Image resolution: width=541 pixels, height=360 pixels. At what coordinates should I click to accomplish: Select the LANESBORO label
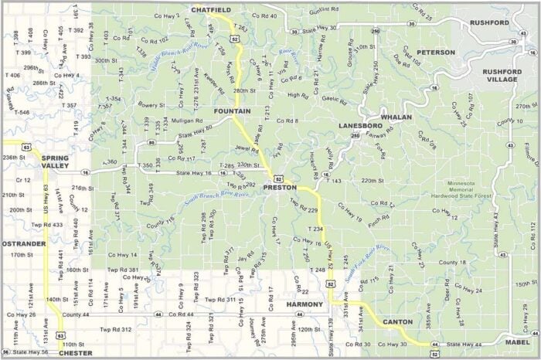coord(360,124)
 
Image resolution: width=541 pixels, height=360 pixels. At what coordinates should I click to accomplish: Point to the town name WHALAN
coord(396,117)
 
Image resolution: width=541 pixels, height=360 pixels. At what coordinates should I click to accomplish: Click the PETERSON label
coord(436,53)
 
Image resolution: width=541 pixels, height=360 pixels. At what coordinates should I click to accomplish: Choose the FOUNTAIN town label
coord(232,111)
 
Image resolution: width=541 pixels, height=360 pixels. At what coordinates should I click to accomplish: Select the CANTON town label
coord(398,321)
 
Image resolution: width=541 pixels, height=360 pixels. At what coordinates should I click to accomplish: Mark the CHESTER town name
coord(76,353)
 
